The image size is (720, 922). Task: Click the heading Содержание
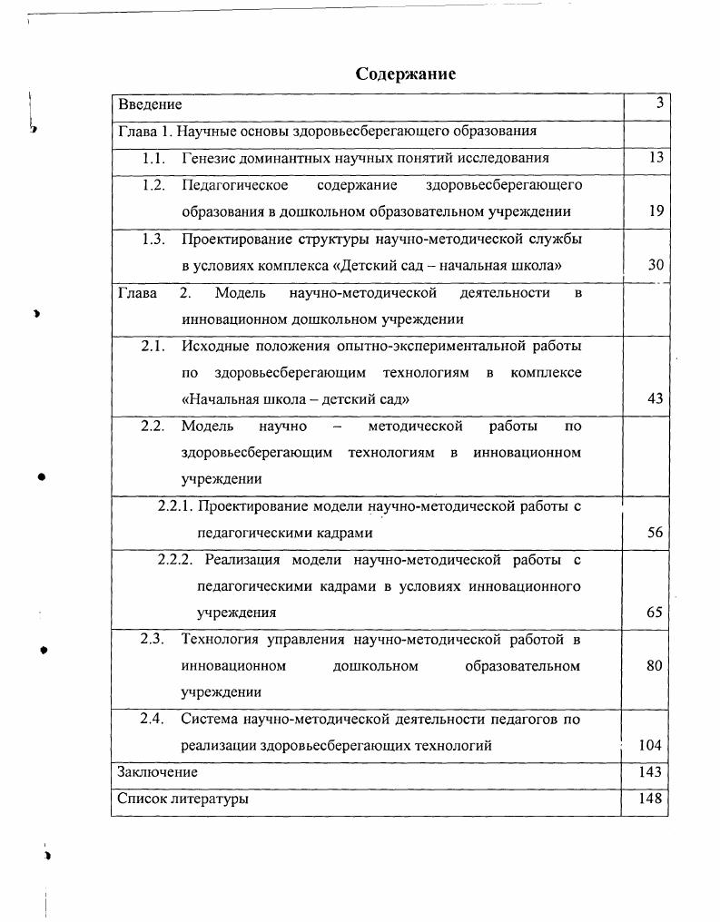coord(405,74)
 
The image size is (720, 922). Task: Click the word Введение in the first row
coord(150,105)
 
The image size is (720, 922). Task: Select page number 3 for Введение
coord(660,104)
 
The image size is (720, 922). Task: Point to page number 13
coord(656,158)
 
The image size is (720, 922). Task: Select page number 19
coord(656,211)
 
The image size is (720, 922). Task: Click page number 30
coord(656,265)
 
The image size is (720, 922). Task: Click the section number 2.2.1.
coord(176,505)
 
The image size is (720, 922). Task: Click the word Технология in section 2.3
coord(220,639)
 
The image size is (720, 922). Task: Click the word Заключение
coord(158,772)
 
